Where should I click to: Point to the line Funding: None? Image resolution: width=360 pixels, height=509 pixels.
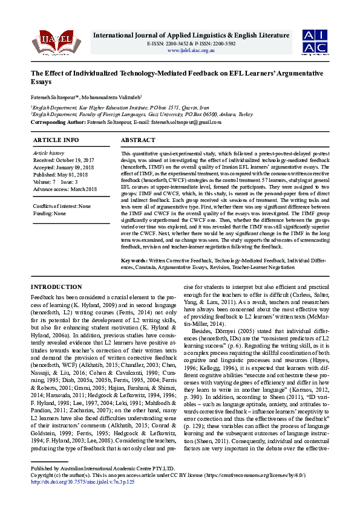click(x=50, y=213)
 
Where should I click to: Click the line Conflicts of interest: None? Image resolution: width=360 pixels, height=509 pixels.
click(x=62, y=206)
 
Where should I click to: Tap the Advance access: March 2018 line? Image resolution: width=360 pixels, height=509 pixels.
click(x=65, y=189)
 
